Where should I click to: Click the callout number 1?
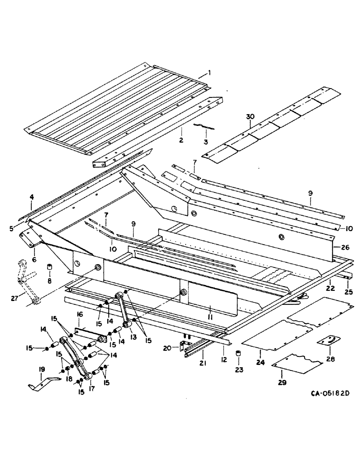pyautogui.click(x=209, y=73)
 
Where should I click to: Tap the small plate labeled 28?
pyautogui.click(x=326, y=342)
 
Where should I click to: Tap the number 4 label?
pyautogui.click(x=32, y=197)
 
